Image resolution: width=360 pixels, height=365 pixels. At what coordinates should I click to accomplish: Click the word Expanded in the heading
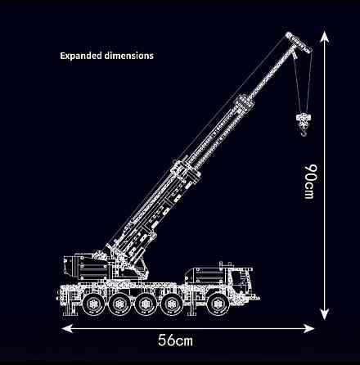(x=81, y=56)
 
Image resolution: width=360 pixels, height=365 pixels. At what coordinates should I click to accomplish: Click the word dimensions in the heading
(x=129, y=56)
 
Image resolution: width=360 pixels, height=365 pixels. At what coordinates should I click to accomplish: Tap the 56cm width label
(x=175, y=340)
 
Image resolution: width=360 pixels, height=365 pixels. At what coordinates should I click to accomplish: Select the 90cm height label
(x=310, y=182)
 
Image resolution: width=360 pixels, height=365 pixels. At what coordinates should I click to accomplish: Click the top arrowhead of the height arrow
(x=324, y=37)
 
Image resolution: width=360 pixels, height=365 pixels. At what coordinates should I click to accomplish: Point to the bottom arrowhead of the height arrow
(x=324, y=313)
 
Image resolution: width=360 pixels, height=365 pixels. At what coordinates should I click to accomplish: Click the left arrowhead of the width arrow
(x=68, y=328)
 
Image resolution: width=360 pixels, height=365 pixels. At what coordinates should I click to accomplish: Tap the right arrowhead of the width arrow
(x=308, y=328)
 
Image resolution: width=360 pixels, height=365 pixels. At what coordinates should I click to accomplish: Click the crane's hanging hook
(x=304, y=133)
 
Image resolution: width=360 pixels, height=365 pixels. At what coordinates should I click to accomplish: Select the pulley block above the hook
(x=304, y=120)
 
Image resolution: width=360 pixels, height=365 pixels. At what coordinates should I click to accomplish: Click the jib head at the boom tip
(x=299, y=42)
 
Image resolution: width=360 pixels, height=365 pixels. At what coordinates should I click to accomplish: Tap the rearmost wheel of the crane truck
(x=93, y=304)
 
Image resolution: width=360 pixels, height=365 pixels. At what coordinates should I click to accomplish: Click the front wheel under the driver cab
(x=218, y=304)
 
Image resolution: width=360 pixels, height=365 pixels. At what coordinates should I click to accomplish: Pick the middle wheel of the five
(x=146, y=304)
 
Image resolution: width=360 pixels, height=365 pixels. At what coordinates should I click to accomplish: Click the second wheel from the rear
(x=119, y=304)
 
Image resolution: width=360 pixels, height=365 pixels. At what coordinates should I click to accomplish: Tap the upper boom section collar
(x=245, y=104)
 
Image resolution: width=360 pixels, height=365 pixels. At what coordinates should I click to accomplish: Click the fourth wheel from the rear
(x=171, y=304)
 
